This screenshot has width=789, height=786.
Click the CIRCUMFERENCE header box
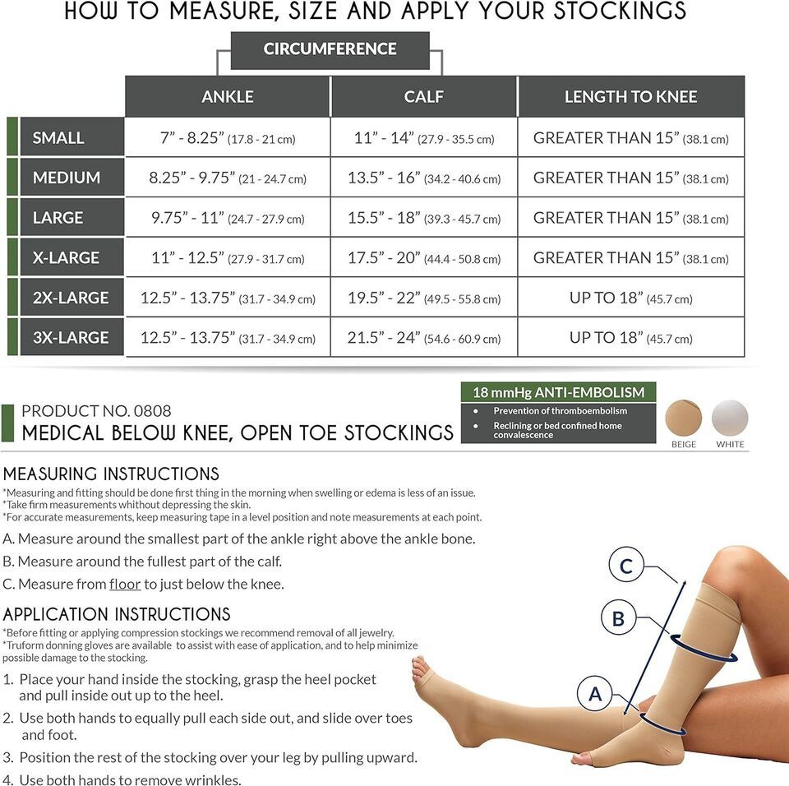point(330,50)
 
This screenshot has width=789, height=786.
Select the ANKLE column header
point(228,96)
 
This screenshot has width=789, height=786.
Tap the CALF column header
point(424,96)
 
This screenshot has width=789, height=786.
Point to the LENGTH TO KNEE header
point(631,96)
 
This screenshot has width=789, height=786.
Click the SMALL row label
point(72,137)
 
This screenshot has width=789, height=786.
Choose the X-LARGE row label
point(72,257)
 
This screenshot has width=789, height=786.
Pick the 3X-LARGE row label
point(72,337)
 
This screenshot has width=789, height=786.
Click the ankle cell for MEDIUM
point(228,178)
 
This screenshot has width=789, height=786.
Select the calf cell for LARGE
point(424,218)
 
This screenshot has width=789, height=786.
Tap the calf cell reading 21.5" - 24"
point(424,337)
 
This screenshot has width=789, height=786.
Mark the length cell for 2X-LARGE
point(631,298)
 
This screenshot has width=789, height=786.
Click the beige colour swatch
point(683,418)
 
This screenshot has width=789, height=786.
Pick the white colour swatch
point(730,418)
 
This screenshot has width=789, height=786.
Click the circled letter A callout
point(595,694)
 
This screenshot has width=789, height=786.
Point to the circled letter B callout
point(618,617)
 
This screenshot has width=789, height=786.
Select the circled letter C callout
point(626,566)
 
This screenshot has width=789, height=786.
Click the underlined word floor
point(125,584)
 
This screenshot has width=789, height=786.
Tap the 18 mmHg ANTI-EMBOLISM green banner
point(559,392)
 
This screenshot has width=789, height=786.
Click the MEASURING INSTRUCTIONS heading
point(111,474)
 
